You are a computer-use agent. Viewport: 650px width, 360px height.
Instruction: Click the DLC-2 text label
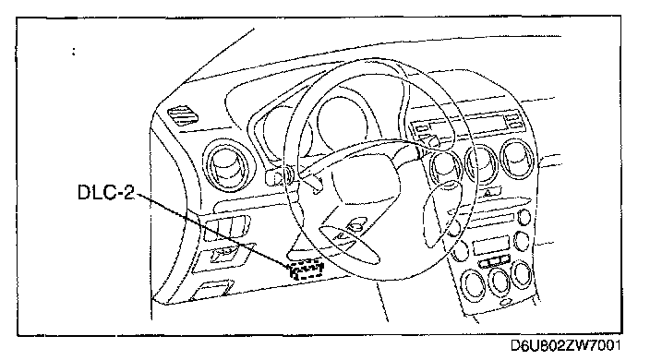coord(106,193)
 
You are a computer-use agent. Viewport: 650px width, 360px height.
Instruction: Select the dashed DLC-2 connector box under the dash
coord(307,270)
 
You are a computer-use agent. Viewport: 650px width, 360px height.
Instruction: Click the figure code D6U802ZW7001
coord(565,345)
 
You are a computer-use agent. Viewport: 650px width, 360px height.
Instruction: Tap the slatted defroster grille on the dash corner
coord(183,115)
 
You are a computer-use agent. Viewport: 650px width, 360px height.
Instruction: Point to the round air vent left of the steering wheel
coord(225,165)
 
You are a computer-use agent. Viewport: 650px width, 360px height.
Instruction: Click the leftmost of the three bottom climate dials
coord(473,284)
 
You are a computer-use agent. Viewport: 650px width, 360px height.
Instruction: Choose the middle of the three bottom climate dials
coord(500,281)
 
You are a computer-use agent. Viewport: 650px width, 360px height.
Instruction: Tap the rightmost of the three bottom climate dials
coord(522,274)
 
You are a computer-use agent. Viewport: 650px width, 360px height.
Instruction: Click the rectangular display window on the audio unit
coord(491,246)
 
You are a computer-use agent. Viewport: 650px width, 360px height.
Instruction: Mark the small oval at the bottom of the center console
coord(507,302)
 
